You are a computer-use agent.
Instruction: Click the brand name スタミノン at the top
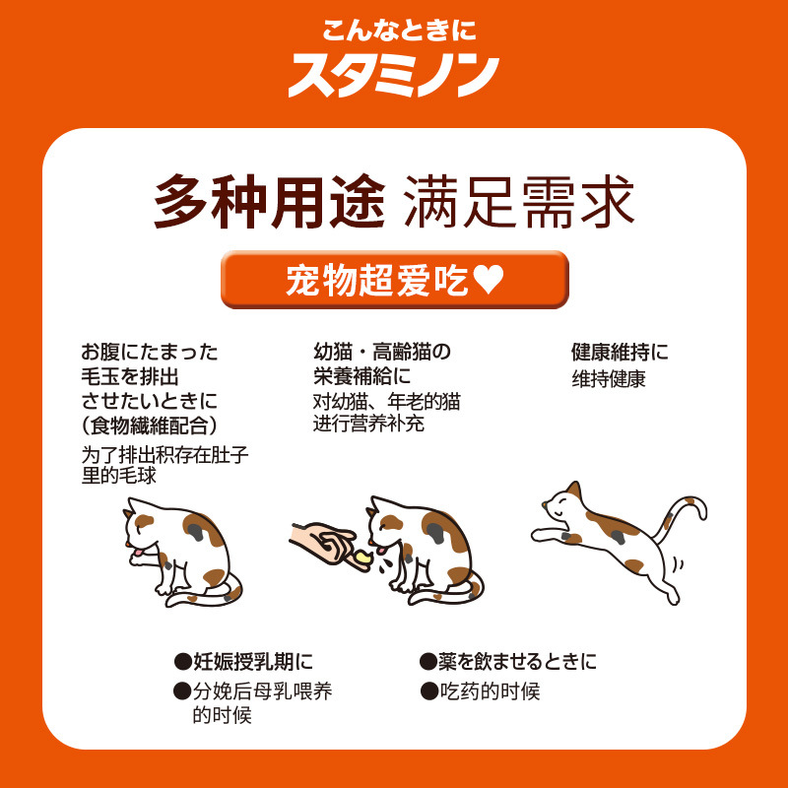click(394, 75)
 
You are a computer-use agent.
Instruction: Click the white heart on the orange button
click(489, 281)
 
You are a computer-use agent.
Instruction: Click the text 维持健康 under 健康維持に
click(609, 378)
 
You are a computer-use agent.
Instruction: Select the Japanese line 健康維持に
click(620, 352)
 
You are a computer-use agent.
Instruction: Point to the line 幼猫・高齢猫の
click(381, 352)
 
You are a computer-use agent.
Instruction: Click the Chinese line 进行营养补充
click(368, 426)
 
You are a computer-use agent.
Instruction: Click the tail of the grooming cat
click(202, 596)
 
